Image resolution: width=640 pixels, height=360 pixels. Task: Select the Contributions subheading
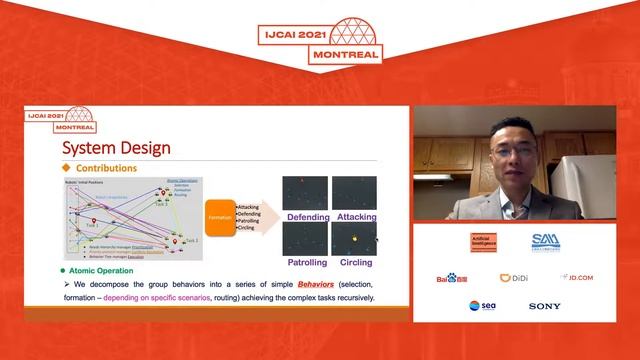[106, 169]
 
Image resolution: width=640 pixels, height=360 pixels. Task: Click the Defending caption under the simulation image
[309, 216]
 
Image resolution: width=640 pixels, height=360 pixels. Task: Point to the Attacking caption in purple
[357, 216]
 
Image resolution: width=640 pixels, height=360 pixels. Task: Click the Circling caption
[356, 262]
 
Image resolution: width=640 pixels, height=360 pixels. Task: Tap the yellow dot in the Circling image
[352, 238]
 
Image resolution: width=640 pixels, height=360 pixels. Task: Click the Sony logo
[545, 306]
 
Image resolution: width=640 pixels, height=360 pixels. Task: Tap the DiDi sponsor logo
[513, 277]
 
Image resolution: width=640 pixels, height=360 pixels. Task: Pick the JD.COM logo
[576, 277]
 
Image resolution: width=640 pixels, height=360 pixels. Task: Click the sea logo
[481, 306]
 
